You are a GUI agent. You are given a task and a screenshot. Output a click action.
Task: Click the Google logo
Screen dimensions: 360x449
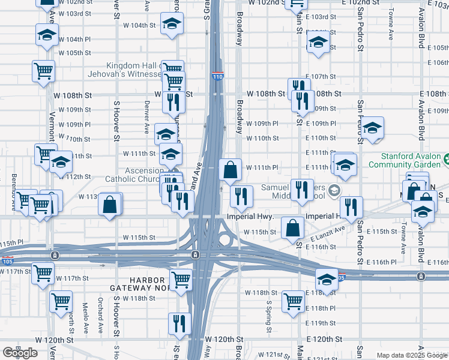20,353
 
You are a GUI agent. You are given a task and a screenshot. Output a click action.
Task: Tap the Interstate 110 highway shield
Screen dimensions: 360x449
217,76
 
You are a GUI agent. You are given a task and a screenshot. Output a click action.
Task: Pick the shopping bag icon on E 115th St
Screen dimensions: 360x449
292,227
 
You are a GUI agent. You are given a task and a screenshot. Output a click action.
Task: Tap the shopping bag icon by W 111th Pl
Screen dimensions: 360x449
231,169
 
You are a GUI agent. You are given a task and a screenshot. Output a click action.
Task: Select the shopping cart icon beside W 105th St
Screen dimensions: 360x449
44,71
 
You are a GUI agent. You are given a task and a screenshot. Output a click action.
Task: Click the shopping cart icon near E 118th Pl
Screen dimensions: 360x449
293,302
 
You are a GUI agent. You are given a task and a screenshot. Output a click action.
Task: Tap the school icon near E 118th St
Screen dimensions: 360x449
327,279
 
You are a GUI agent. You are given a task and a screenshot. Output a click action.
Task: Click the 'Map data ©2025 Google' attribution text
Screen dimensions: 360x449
411,355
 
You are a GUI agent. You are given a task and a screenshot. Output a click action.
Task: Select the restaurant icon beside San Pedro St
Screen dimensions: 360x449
351,207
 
